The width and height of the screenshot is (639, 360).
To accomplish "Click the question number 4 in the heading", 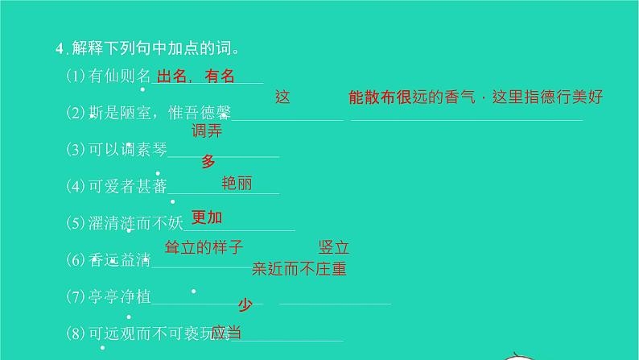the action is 59,48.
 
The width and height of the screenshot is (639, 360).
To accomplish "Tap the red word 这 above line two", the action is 282,97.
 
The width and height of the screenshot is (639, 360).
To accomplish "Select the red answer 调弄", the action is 207,130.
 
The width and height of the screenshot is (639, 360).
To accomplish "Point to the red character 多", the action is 208,161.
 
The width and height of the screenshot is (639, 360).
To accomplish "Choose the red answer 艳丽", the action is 237,184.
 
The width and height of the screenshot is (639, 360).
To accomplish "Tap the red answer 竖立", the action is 335,248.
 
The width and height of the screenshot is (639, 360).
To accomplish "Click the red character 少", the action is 245,304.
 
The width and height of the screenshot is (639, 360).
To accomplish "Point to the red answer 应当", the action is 226,332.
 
